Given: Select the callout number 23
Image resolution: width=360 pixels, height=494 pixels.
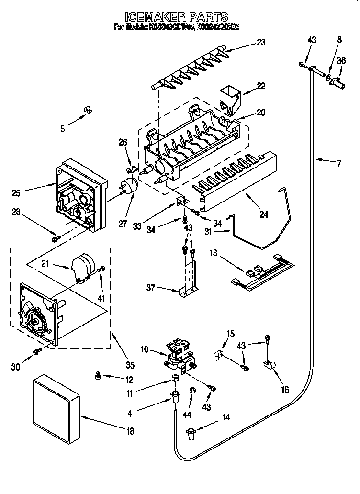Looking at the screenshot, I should (261, 42).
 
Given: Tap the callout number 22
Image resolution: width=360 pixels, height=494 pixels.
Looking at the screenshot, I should (261, 86).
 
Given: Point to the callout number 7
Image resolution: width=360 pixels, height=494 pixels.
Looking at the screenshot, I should (338, 163).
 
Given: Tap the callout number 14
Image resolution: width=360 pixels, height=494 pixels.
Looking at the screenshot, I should (225, 417).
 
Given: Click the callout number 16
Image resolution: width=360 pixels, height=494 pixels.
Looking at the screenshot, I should (285, 390).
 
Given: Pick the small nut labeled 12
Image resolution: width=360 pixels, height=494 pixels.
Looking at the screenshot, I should (99, 376).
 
